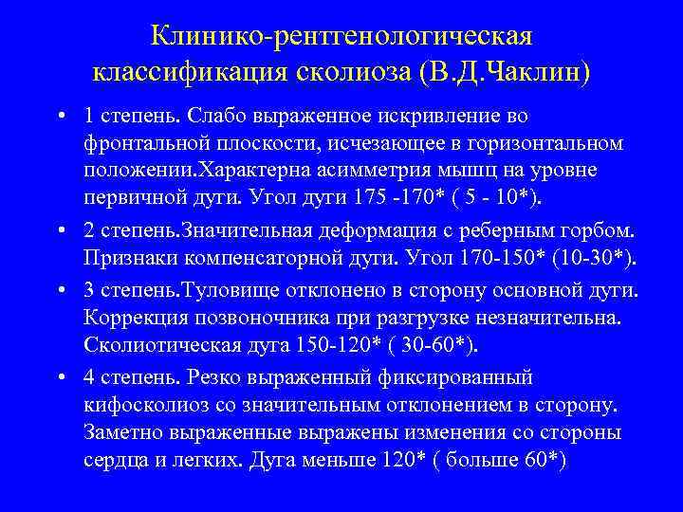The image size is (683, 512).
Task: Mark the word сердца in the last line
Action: pyautogui.click(x=112, y=462)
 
